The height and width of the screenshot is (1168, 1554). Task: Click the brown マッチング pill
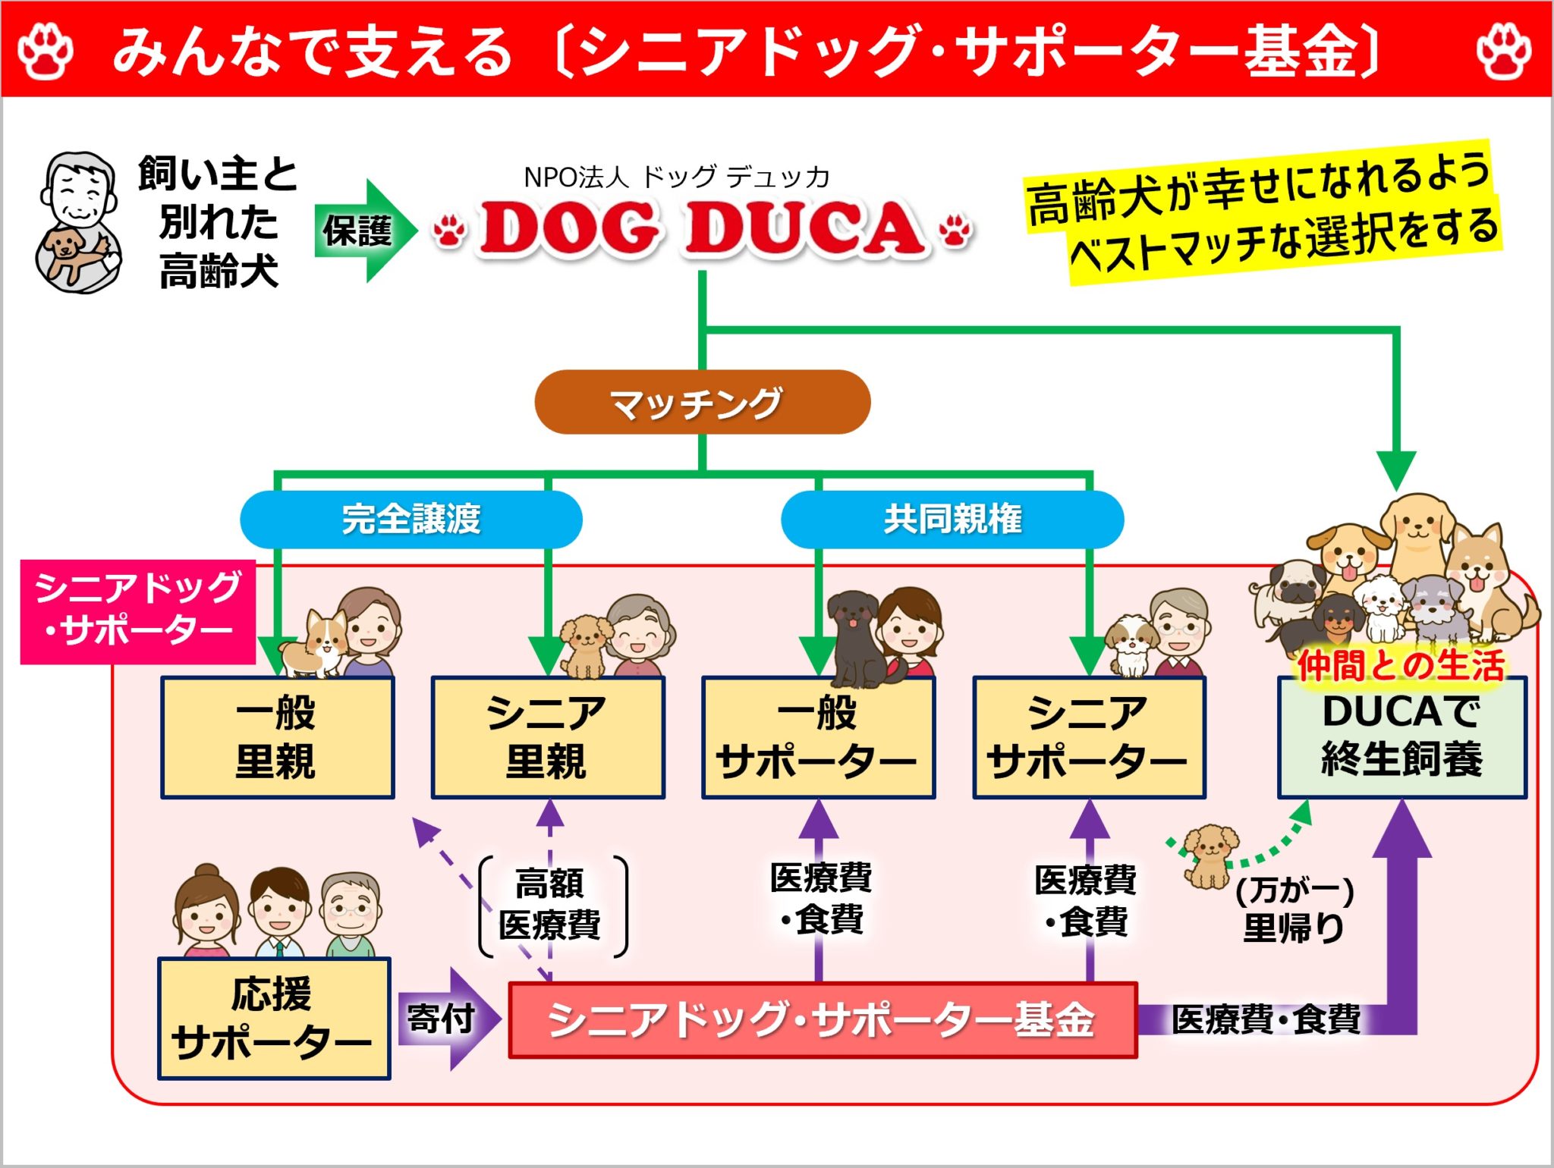[x=702, y=402]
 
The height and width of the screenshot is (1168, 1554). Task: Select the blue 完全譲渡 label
[x=411, y=520]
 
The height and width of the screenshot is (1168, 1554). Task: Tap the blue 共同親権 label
[x=952, y=520]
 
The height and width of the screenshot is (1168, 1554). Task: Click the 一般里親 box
[x=277, y=737]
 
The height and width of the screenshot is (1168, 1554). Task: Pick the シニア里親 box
[x=547, y=737]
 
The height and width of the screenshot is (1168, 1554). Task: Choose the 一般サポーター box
[x=818, y=737]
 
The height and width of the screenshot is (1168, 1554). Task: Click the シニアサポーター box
[x=1089, y=737]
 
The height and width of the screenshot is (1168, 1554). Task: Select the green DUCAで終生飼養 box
[x=1401, y=737]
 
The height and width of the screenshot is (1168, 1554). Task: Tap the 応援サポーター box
[x=274, y=1018]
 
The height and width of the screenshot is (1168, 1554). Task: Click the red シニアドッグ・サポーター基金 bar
[x=822, y=1019]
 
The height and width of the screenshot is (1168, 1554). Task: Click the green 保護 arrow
[x=364, y=231]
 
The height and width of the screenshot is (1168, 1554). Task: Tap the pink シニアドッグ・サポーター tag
[x=137, y=611]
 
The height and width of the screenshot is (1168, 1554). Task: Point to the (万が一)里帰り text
[x=1294, y=910]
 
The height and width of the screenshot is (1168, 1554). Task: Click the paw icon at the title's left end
[x=46, y=50]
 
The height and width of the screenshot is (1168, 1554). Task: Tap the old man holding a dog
[x=78, y=221]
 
